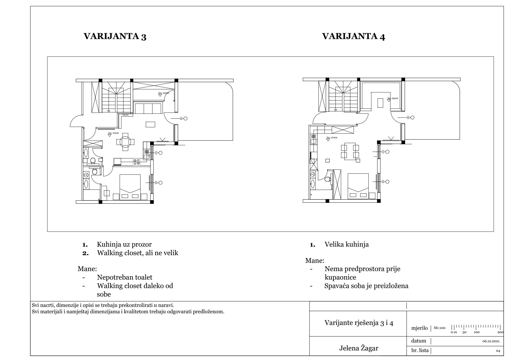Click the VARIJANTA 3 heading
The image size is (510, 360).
[115, 36]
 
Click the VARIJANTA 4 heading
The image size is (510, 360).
[354, 36]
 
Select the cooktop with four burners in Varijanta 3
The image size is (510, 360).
[137, 162]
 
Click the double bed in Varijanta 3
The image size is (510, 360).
[130, 187]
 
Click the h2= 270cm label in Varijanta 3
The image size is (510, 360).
[113, 133]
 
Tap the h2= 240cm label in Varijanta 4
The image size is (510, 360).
[393, 98]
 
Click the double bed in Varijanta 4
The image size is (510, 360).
[358, 186]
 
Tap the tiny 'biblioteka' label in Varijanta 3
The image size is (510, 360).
[125, 115]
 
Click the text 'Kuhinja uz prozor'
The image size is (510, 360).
[124, 244]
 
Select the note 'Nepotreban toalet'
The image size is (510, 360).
[125, 277]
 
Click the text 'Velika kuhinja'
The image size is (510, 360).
[347, 244]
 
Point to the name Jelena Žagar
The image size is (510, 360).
[359, 348]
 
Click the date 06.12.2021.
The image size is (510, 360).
[491, 341]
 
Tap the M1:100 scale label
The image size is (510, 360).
[440, 328]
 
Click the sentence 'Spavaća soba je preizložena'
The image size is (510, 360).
[366, 286]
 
